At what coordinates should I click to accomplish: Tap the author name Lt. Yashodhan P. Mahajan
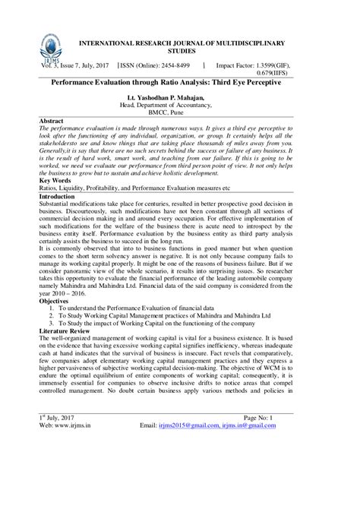[x=180, y=98]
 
